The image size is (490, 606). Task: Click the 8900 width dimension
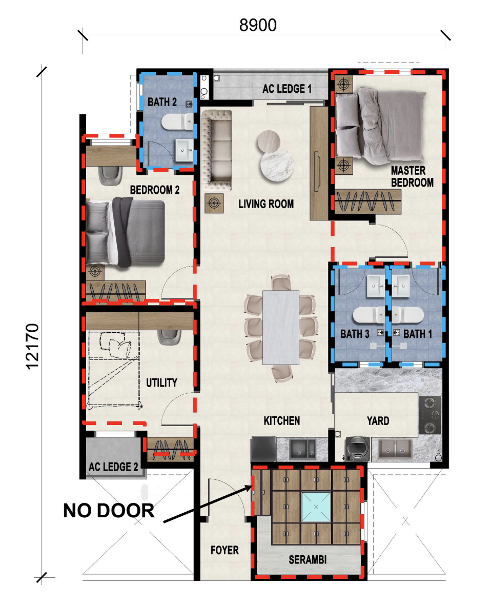258,26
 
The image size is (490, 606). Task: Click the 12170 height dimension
32,347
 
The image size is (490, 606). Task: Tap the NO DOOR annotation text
109,511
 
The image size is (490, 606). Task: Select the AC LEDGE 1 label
287,89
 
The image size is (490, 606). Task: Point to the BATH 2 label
162,102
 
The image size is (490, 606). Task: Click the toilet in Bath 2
177,122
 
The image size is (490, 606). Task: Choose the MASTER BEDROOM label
412,176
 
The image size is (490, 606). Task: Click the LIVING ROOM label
266,204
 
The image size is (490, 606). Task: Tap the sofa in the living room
216,150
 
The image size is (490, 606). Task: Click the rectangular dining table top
280,327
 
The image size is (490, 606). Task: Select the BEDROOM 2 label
155,190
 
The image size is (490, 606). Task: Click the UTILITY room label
161,382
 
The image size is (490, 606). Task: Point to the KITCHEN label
282,420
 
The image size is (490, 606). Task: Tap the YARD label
378,420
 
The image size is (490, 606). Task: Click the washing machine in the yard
357,449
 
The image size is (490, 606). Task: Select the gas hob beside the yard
430,415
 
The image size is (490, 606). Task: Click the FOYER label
224,550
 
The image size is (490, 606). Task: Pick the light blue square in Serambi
316,507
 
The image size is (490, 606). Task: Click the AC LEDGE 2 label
113,467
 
